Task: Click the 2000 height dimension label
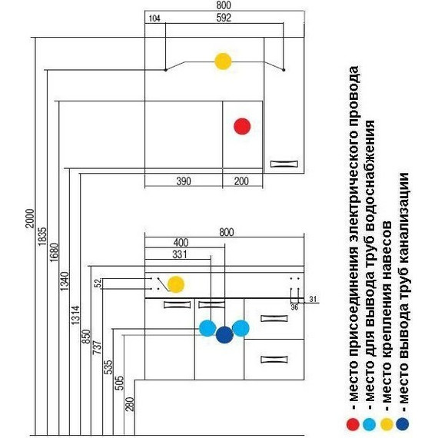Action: (x=30, y=218)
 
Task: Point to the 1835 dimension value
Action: (x=42, y=237)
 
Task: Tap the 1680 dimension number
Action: (x=54, y=252)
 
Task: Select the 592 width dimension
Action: (x=224, y=18)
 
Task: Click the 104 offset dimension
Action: (x=154, y=18)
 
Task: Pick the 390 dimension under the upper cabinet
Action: (x=184, y=181)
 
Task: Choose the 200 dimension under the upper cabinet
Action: (x=241, y=181)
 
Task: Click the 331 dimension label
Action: (x=180, y=254)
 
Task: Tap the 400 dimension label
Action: (x=181, y=242)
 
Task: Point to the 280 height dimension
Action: (x=130, y=404)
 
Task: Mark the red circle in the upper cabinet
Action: (x=242, y=126)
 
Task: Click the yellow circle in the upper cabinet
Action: (x=223, y=61)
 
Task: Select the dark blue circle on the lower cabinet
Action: (x=224, y=334)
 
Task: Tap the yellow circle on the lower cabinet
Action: (x=176, y=284)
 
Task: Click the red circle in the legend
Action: (x=353, y=424)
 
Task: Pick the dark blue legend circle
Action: (x=403, y=424)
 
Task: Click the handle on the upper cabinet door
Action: (x=284, y=164)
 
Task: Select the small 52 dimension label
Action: (x=98, y=284)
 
